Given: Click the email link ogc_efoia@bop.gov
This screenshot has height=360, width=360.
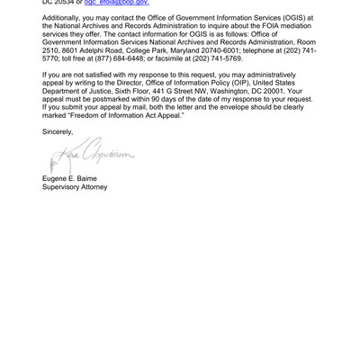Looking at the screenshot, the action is pos(116,4).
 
